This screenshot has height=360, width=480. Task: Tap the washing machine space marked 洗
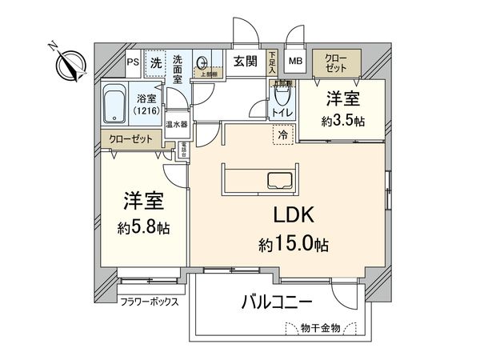157,62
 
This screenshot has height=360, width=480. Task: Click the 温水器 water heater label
176,124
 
